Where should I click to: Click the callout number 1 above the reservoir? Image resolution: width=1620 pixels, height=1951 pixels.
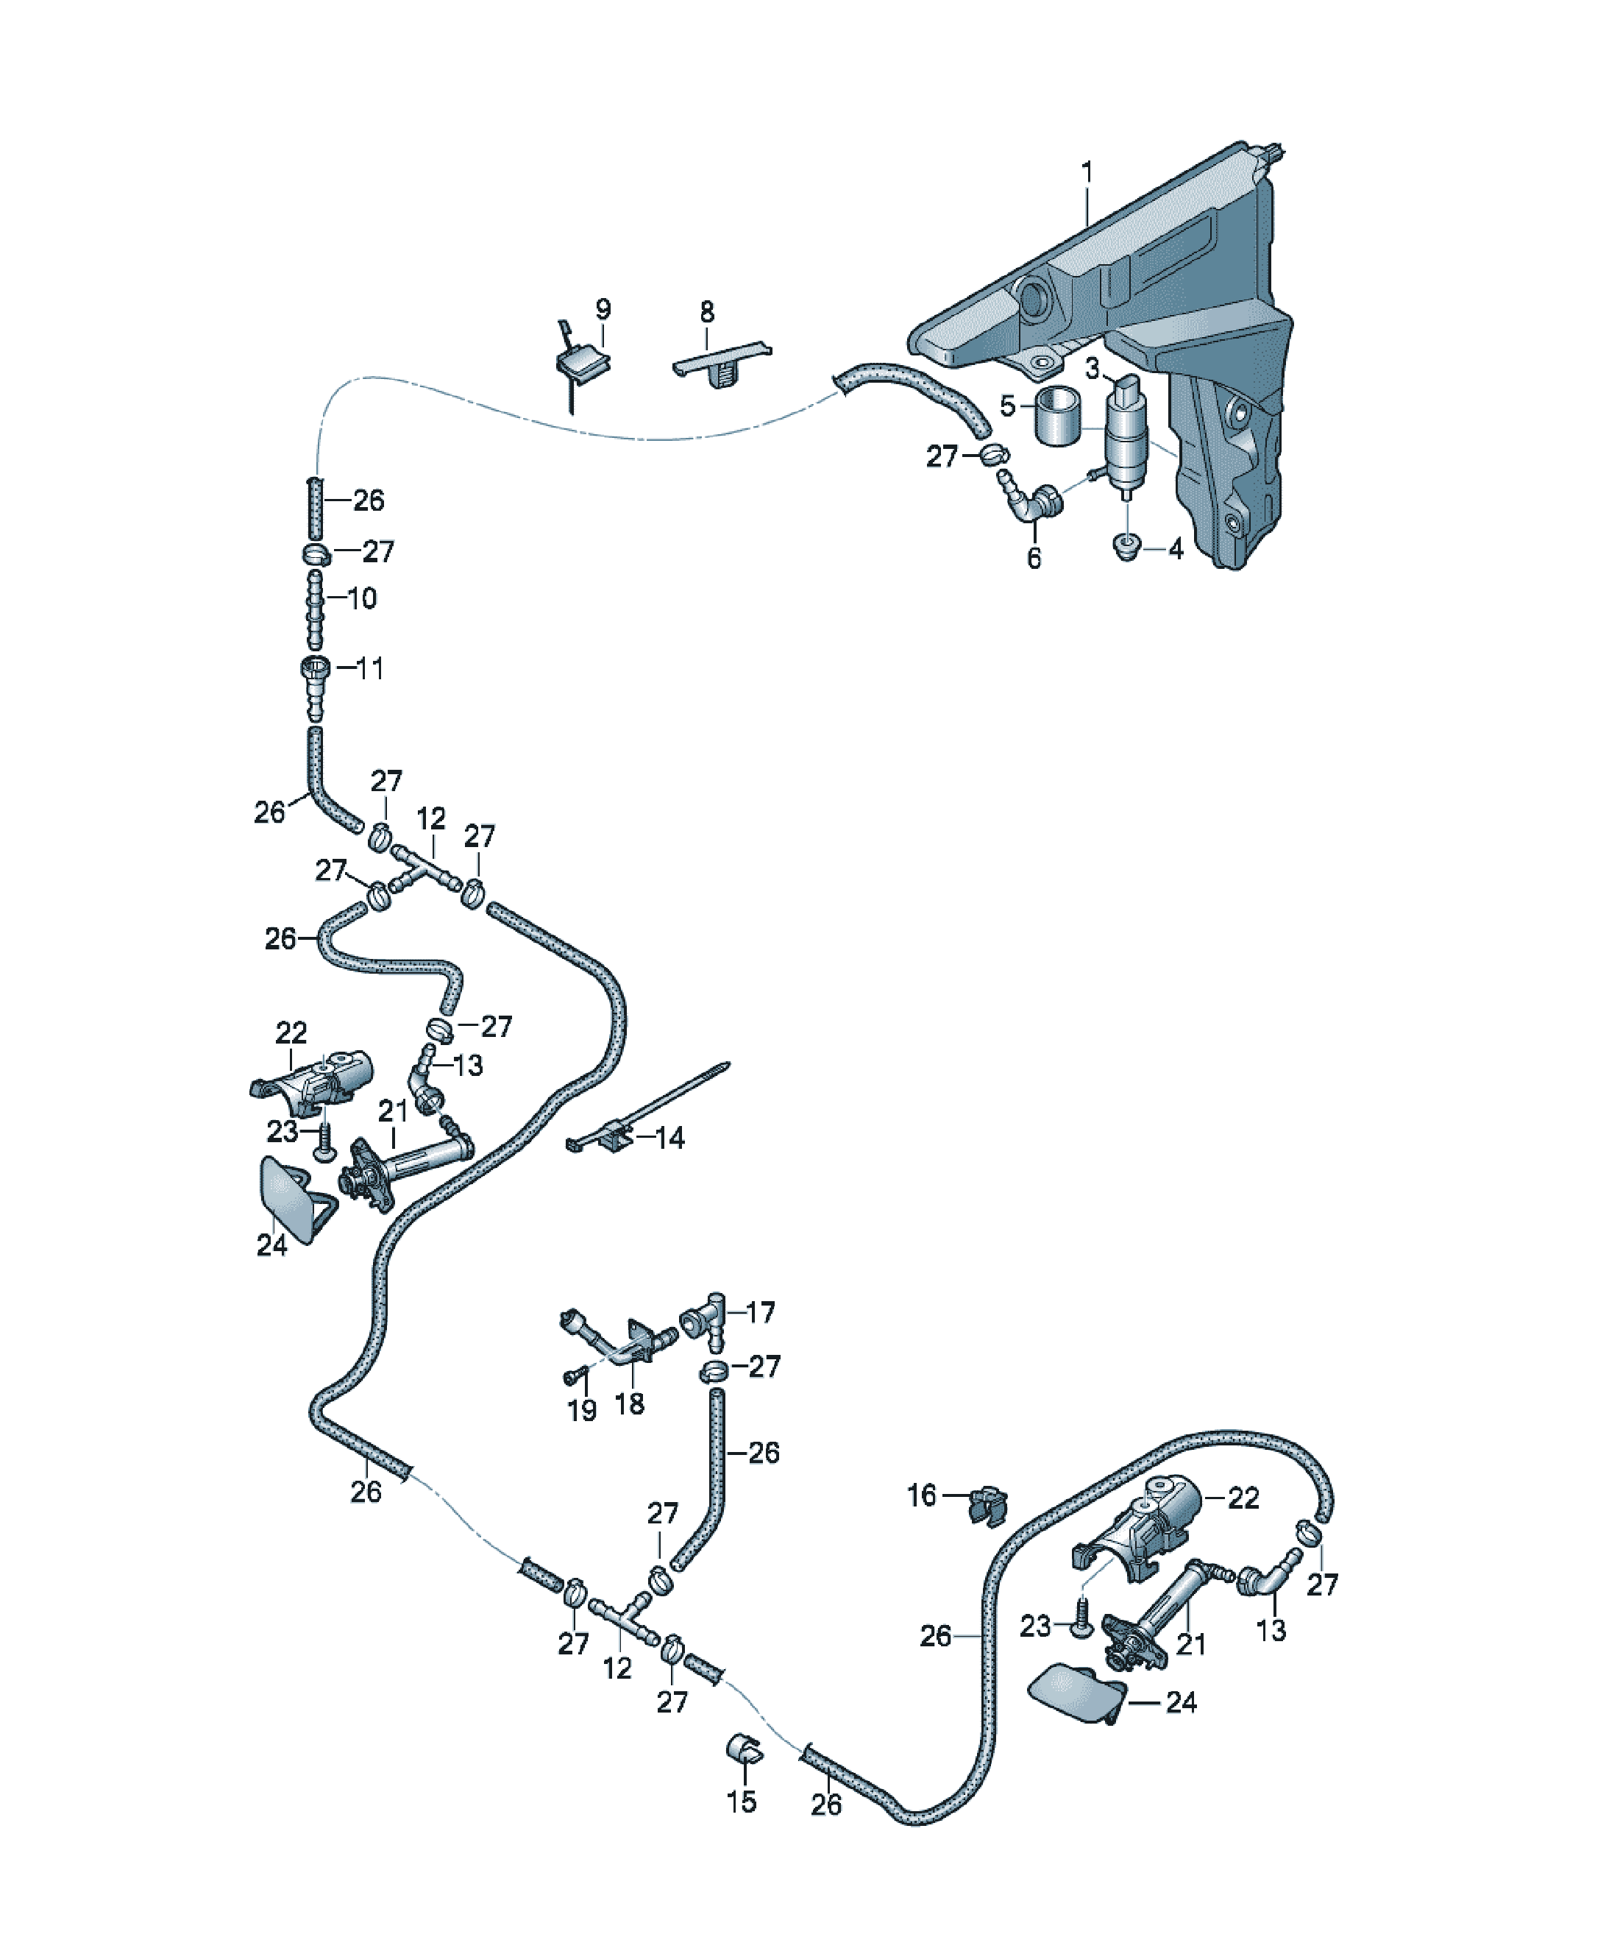click(1086, 173)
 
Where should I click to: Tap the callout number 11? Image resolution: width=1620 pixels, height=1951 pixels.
click(370, 668)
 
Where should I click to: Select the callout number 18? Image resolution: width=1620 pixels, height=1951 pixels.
click(629, 1403)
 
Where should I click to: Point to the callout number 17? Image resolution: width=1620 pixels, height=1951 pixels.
click(760, 1313)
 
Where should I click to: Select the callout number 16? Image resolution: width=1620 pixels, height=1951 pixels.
click(923, 1495)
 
